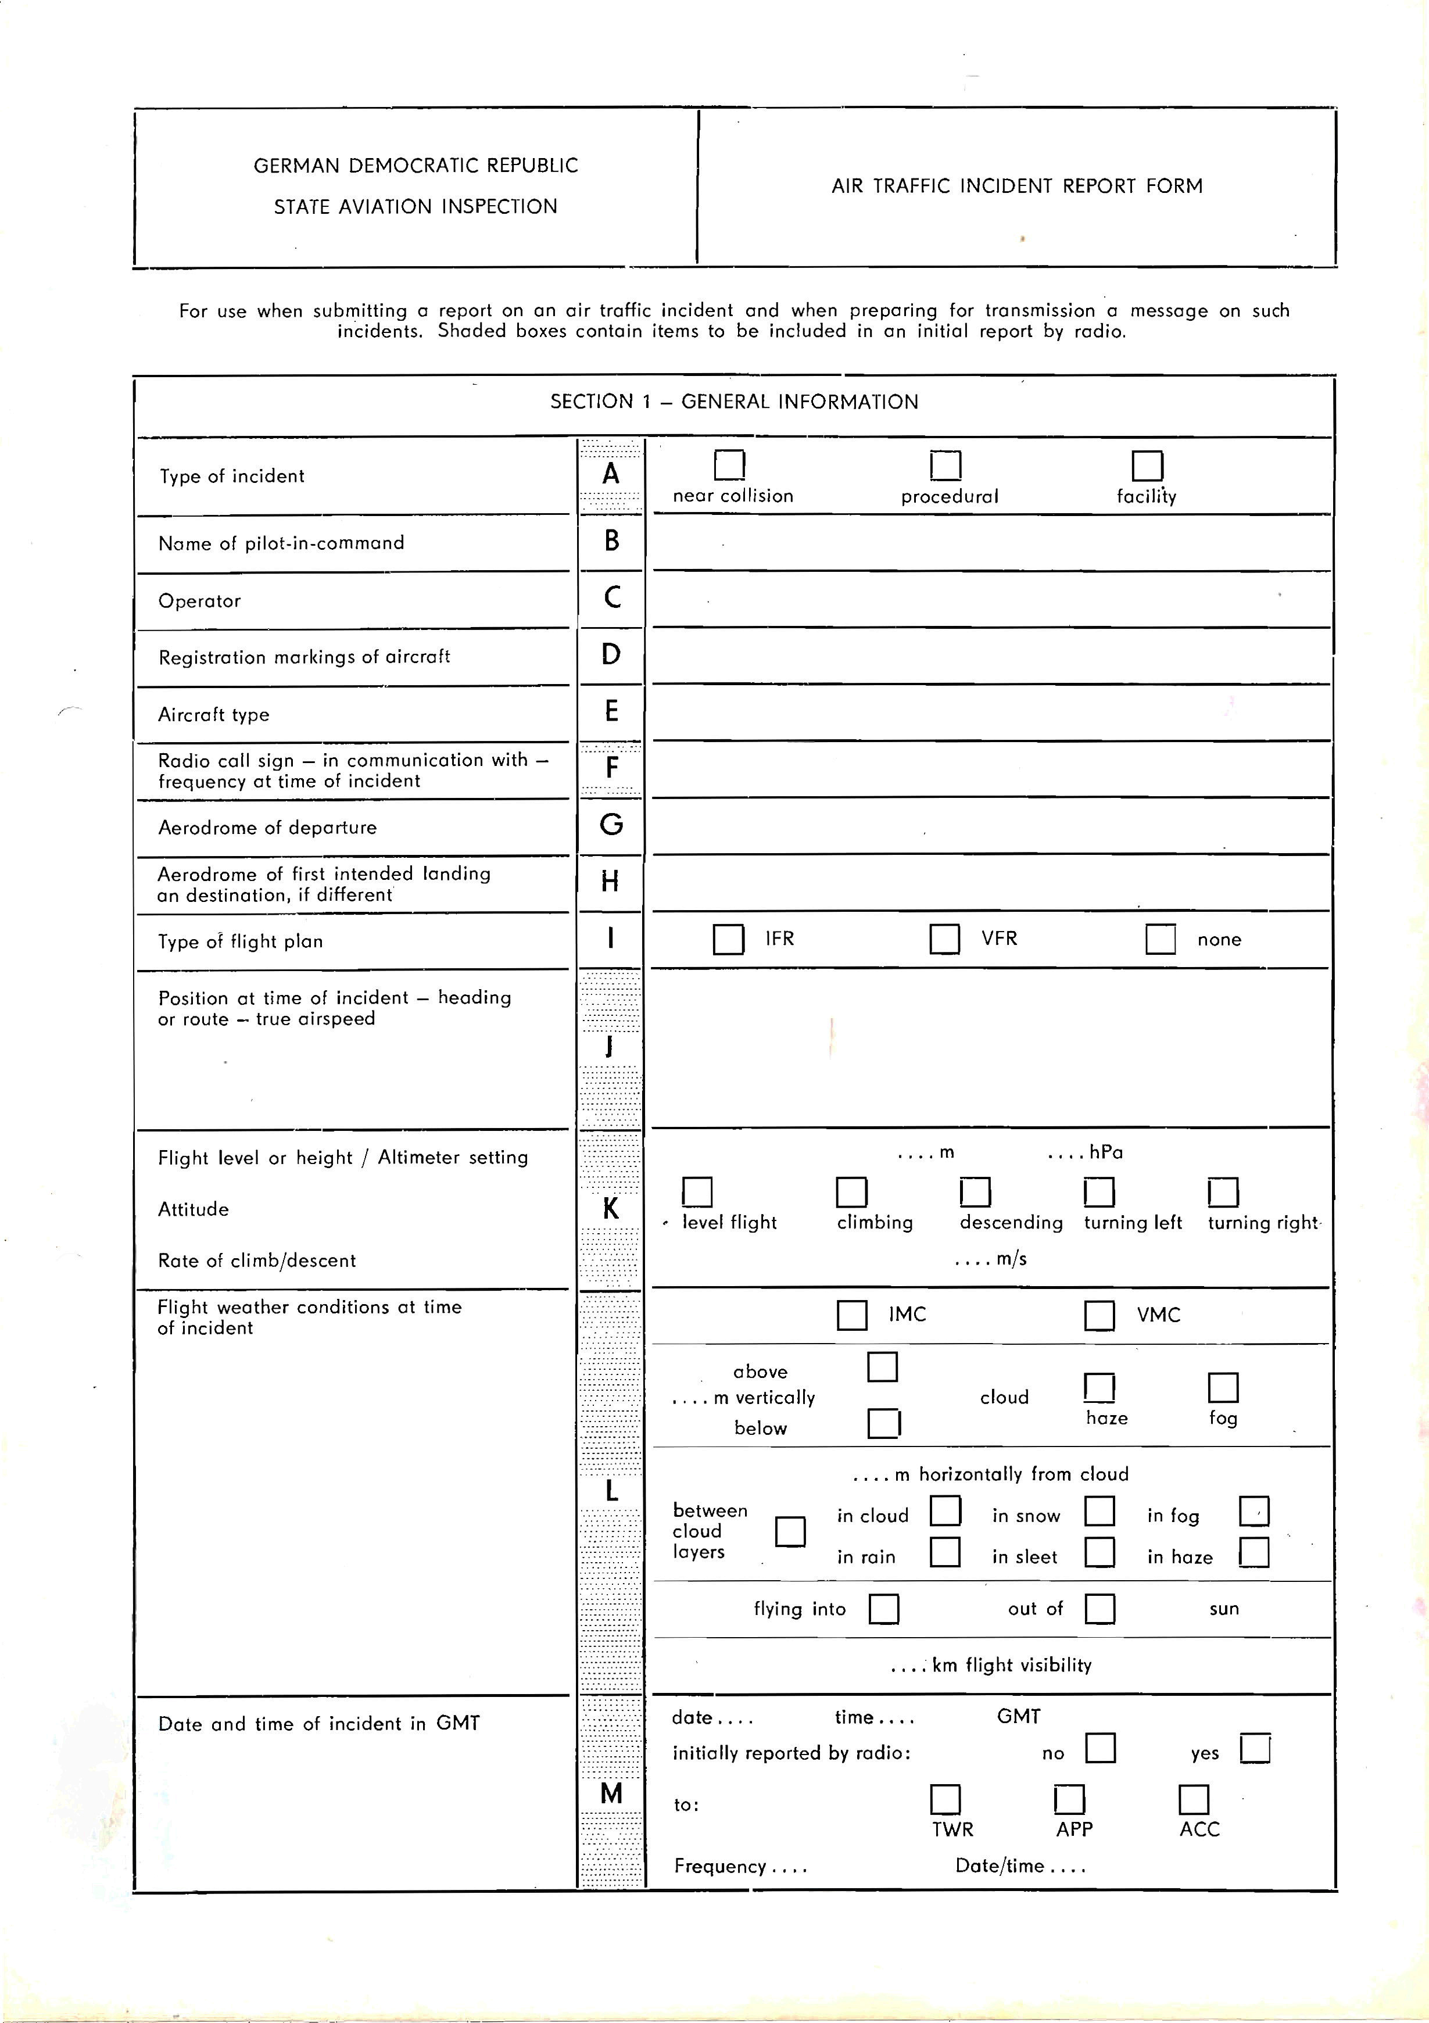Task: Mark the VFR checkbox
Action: (x=944, y=939)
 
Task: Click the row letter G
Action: (x=611, y=825)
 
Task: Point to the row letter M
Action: (x=611, y=1793)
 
